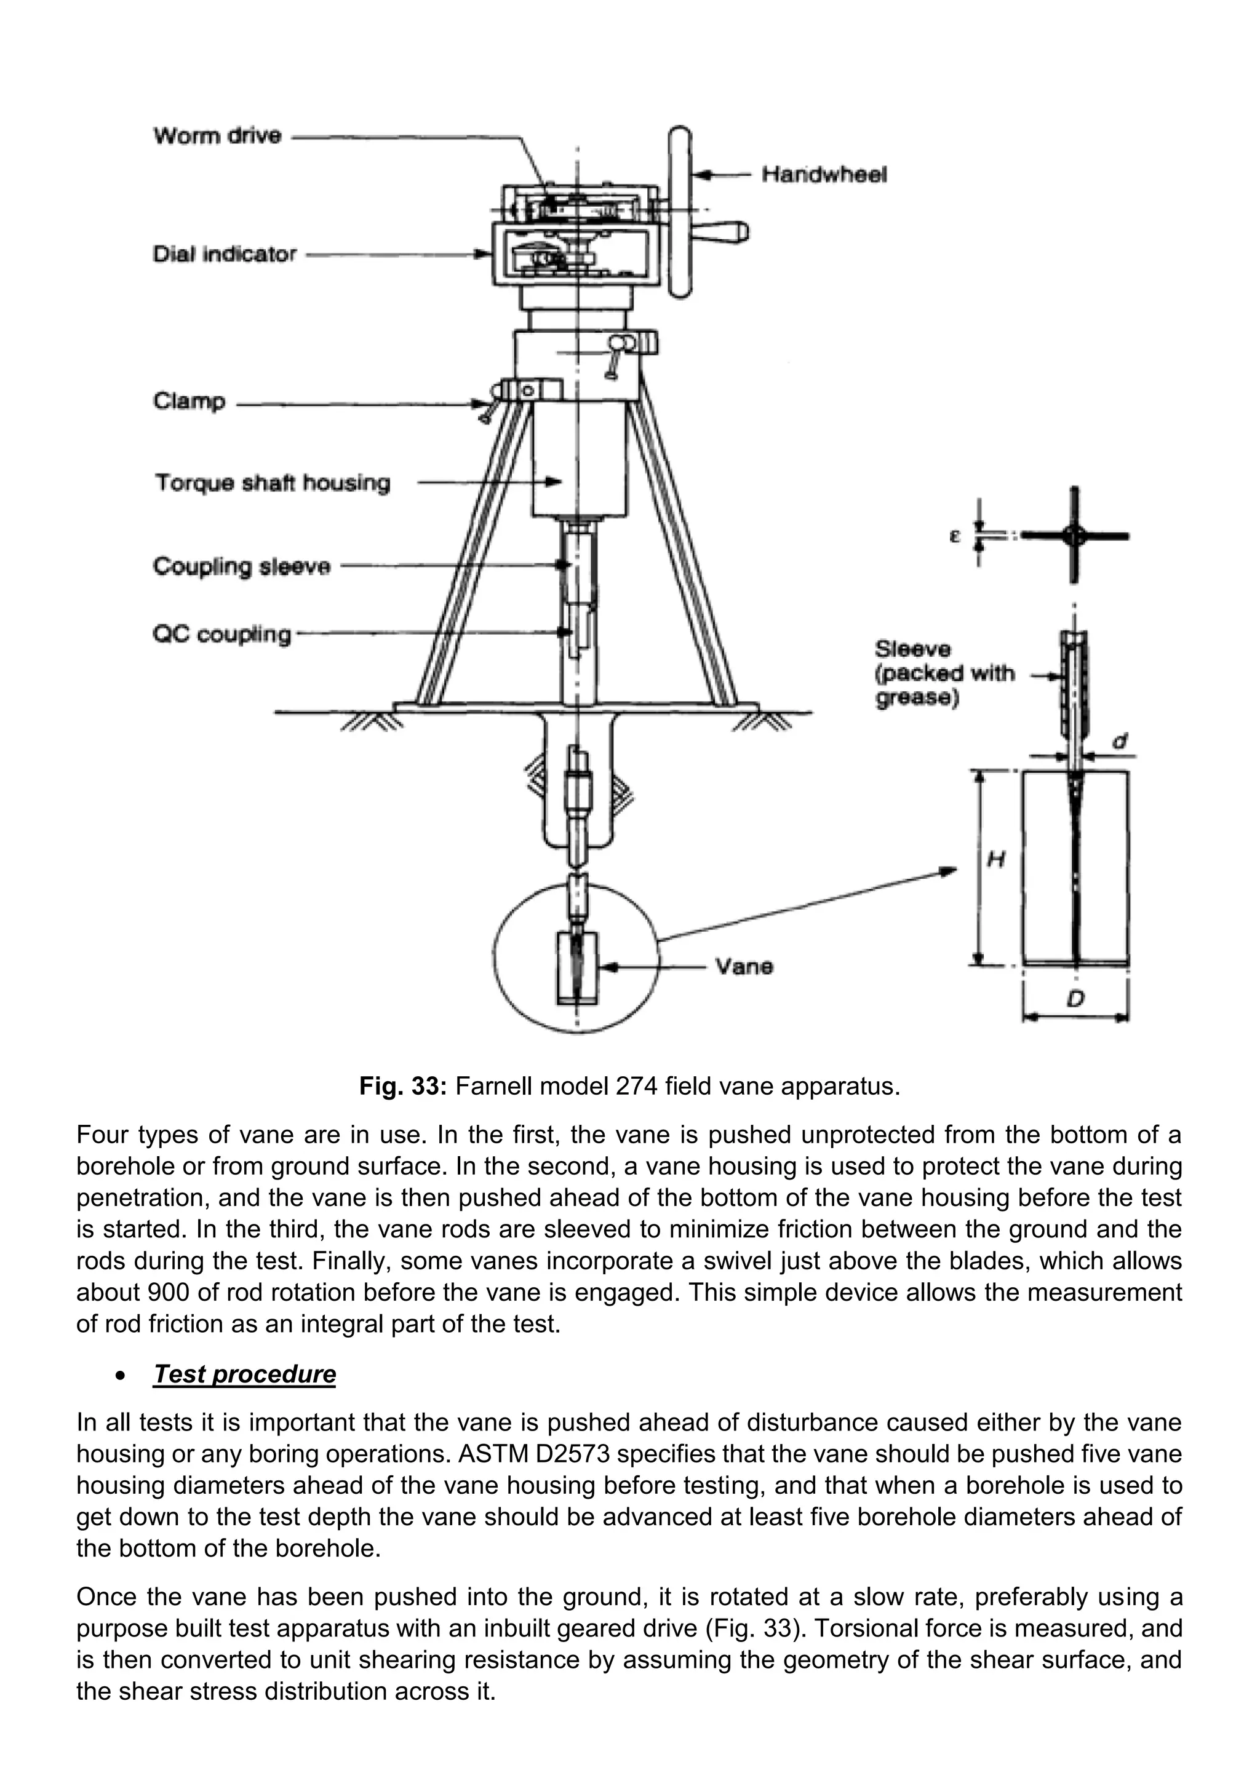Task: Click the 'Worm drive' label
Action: pos(217,136)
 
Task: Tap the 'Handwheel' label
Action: pos(824,175)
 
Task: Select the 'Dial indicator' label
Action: pos(224,255)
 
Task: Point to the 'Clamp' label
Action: pos(189,401)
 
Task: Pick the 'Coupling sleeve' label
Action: pos(241,566)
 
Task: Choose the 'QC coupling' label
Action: pos(222,635)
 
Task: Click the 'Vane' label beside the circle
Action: pos(743,967)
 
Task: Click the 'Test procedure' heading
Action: pos(244,1374)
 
